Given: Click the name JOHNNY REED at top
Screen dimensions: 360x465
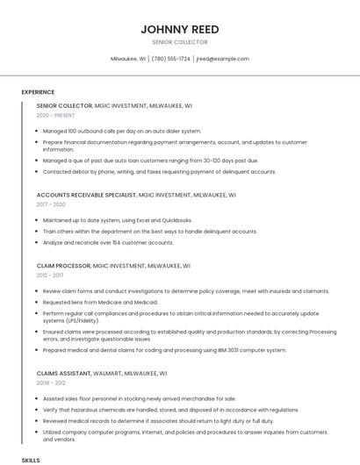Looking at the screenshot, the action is click(179, 29).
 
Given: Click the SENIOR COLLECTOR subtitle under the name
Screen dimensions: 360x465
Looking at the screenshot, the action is click(179, 42).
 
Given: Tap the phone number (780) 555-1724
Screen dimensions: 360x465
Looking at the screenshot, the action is click(170, 59).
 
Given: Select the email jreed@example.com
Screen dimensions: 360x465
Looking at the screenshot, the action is click(223, 59).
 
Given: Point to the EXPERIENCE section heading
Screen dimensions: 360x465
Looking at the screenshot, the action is click(38, 92).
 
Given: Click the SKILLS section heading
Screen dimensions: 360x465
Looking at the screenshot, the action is click(31, 460).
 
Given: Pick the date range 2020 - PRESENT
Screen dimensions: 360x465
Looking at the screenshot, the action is click(55, 115).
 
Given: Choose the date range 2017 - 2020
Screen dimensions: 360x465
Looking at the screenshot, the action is click(51, 204).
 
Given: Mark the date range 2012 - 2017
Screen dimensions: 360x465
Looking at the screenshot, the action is click(50, 275).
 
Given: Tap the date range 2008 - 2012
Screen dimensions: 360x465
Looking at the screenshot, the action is click(51, 383).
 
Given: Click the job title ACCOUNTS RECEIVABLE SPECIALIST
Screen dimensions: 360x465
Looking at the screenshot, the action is click(86, 194).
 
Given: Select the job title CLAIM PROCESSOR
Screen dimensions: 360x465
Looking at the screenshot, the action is click(64, 265).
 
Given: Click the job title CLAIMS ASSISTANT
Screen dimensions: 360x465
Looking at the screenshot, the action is click(64, 374).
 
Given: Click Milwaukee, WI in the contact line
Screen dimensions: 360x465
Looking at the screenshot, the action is click(128, 59).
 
